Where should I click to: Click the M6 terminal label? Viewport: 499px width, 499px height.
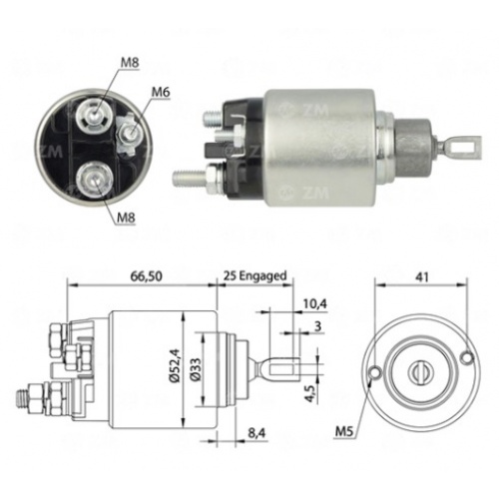pyautogui.click(x=161, y=92)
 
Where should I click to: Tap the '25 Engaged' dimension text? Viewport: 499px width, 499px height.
pyautogui.click(x=254, y=275)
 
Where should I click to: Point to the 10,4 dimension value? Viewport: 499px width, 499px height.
pyautogui.click(x=314, y=303)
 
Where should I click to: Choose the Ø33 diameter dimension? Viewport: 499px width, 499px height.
pyautogui.click(x=196, y=369)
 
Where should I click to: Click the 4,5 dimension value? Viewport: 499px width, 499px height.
pyautogui.click(x=311, y=394)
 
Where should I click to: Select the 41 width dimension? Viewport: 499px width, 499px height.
pyautogui.click(x=422, y=276)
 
